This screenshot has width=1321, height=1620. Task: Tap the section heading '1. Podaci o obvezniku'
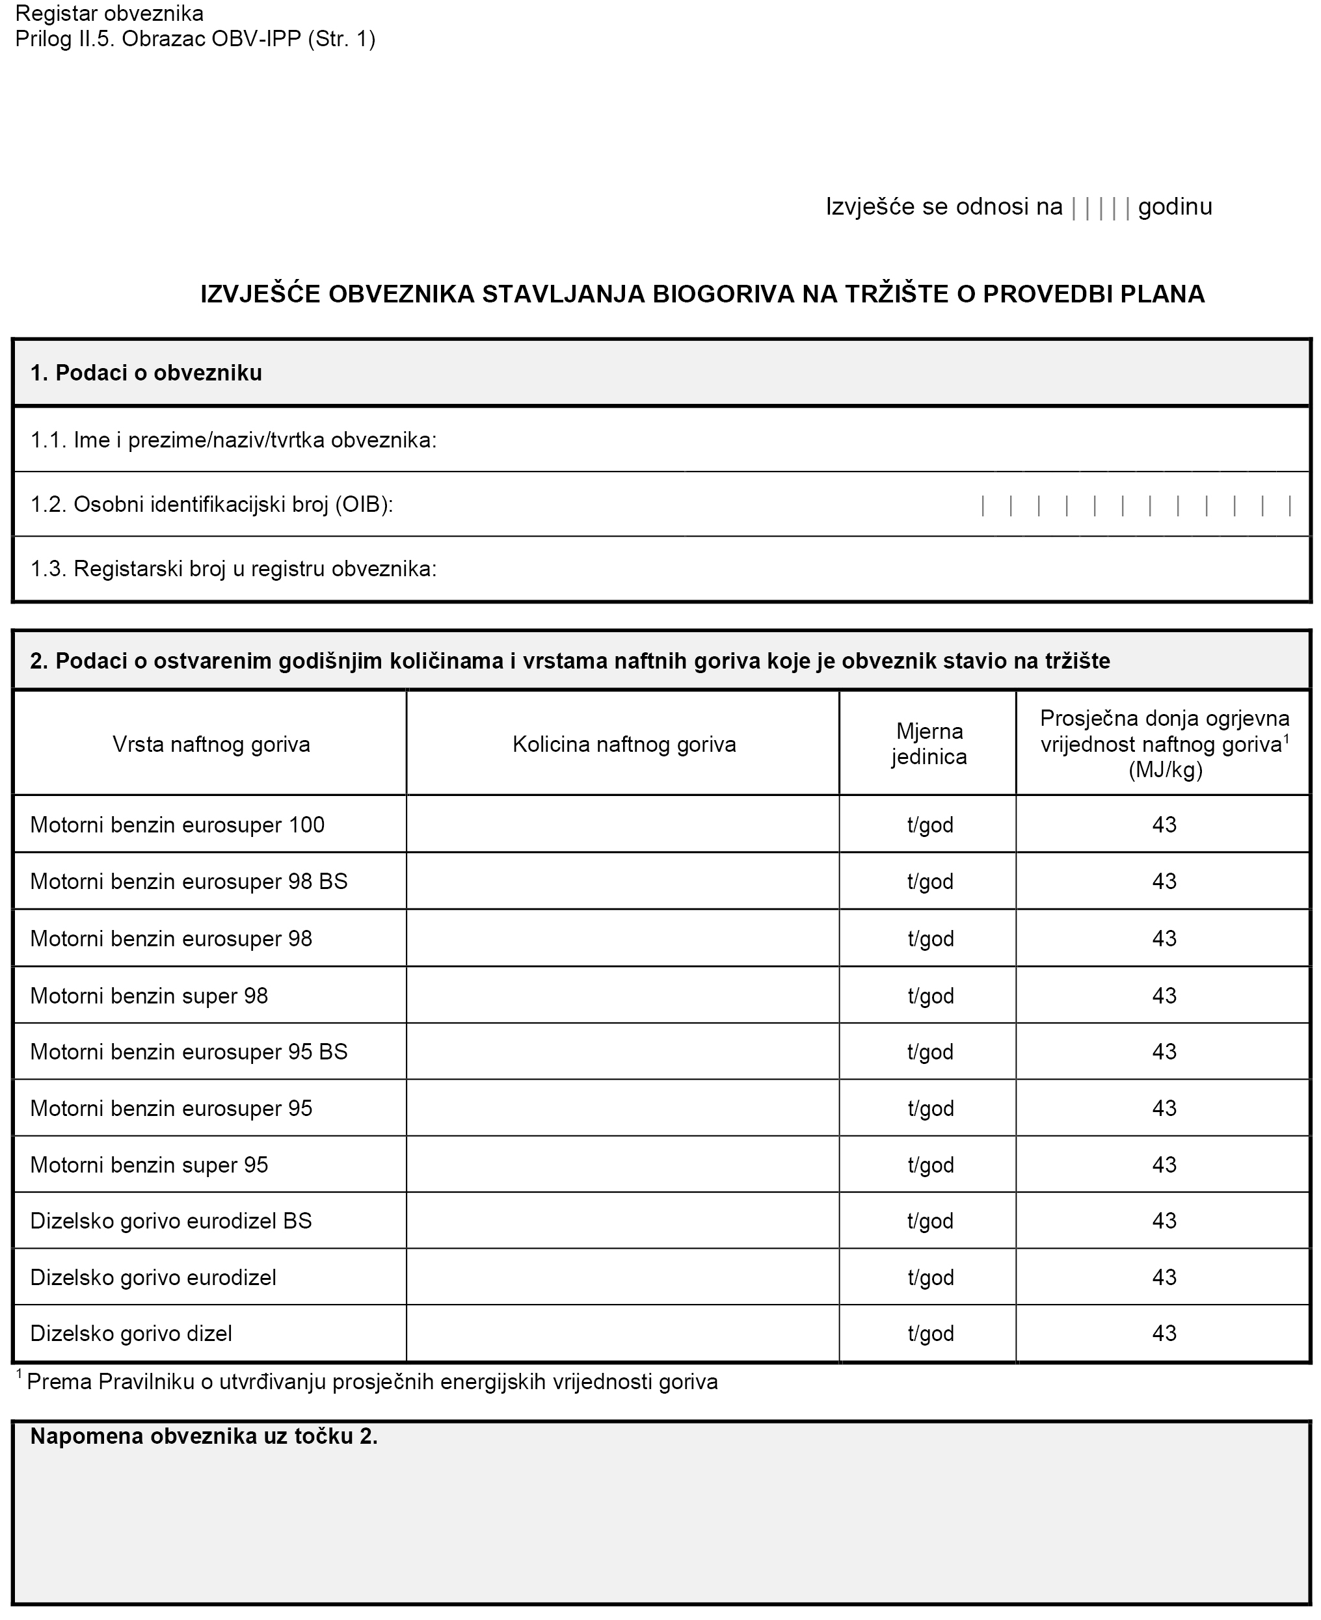click(x=146, y=373)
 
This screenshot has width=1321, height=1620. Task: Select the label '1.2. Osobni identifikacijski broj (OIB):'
click(x=211, y=505)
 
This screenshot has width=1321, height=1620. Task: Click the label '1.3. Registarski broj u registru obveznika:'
click(x=234, y=568)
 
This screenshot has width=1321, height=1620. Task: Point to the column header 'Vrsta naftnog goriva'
click(x=211, y=743)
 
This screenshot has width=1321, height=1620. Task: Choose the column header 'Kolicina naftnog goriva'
click(x=624, y=743)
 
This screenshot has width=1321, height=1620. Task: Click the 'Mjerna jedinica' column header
click(x=929, y=743)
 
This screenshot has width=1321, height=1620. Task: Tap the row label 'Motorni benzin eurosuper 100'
click(x=178, y=825)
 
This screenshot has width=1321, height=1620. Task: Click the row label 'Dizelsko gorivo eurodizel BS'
click(x=171, y=1221)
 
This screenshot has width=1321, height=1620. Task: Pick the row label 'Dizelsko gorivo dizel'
click(x=131, y=1333)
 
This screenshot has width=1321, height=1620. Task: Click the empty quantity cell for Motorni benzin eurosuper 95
click(x=622, y=1108)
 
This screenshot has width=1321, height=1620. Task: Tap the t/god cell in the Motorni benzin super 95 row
click(x=930, y=1164)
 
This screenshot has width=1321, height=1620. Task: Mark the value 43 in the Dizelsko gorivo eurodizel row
click(x=1164, y=1277)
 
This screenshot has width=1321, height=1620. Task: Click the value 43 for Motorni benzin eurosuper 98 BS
click(x=1164, y=881)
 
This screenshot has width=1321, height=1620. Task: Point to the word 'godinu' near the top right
click(x=1175, y=207)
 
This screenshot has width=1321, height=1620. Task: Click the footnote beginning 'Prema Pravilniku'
click(x=371, y=1382)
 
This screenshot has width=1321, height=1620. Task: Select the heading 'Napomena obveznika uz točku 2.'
click(x=204, y=1437)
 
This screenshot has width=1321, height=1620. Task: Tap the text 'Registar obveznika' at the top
click(x=109, y=14)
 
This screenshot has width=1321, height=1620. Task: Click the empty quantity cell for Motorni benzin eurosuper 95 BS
click(x=622, y=1052)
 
